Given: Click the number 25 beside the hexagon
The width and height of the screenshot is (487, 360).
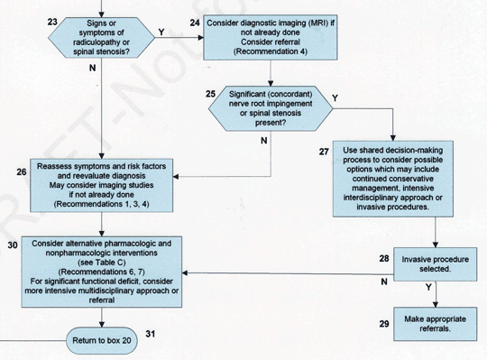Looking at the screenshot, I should click(210, 93).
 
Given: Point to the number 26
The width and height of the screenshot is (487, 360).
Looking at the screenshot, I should click(22, 171).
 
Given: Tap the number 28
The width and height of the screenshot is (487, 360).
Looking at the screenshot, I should click(384, 259).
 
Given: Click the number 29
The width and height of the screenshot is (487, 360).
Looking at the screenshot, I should click(384, 324).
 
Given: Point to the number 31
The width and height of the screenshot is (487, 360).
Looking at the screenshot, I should click(152, 334).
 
